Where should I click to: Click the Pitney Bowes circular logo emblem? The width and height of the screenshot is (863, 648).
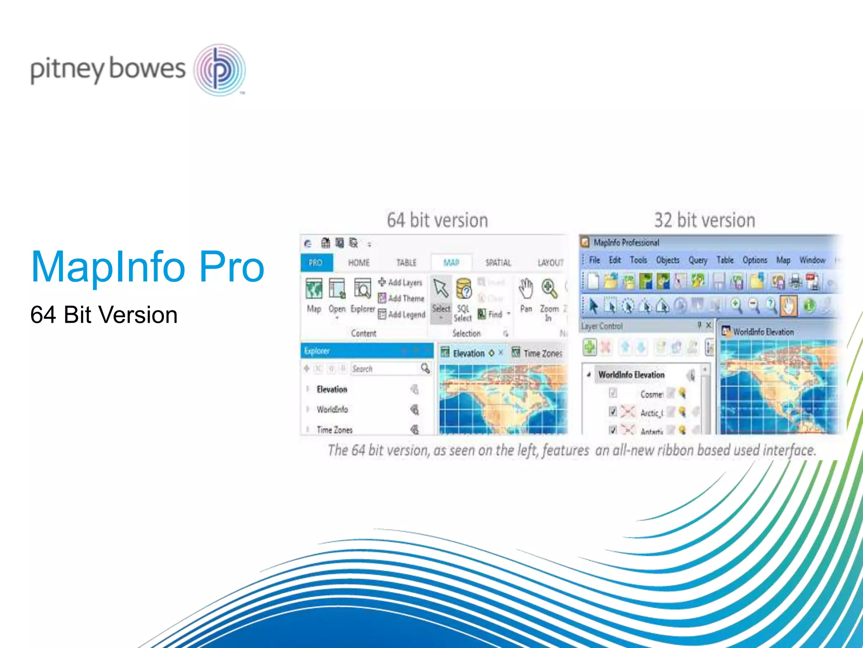click(220, 70)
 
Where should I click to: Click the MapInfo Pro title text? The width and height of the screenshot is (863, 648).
click(147, 267)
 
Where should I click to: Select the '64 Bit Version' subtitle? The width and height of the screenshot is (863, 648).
click(104, 315)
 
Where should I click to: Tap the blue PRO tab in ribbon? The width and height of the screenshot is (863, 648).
click(316, 262)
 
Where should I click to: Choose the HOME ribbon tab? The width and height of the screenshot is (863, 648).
click(359, 262)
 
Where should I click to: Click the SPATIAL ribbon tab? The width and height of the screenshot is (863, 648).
click(498, 262)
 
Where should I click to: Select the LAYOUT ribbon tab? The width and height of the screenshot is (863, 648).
click(550, 262)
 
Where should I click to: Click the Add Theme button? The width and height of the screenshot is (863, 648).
click(401, 298)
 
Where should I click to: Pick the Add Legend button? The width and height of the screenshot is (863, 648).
click(402, 314)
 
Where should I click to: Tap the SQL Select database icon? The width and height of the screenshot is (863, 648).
click(464, 289)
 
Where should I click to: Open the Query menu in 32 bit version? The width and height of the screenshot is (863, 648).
click(698, 260)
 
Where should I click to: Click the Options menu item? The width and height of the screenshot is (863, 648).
click(754, 260)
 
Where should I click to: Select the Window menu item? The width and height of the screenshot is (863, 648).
click(812, 260)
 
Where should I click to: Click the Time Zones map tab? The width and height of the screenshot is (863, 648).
click(538, 353)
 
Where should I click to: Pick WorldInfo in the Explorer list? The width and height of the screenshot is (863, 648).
click(332, 409)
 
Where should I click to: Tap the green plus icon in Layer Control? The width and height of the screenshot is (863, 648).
click(590, 347)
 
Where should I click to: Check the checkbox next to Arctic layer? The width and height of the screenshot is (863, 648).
click(613, 411)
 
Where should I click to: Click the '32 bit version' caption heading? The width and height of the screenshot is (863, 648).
click(704, 220)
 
